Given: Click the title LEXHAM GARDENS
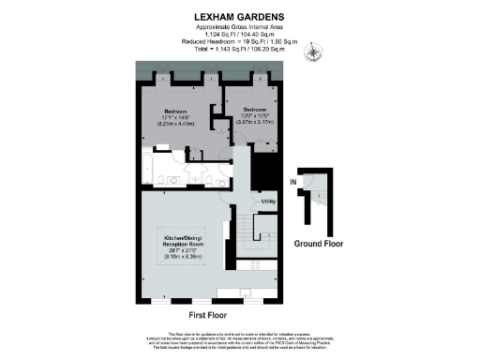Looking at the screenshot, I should pos(239,16).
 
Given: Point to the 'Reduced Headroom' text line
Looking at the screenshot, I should pos(239,41).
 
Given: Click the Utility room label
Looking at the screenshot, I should pos(267,202).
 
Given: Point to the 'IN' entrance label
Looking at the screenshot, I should pos(293,181).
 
